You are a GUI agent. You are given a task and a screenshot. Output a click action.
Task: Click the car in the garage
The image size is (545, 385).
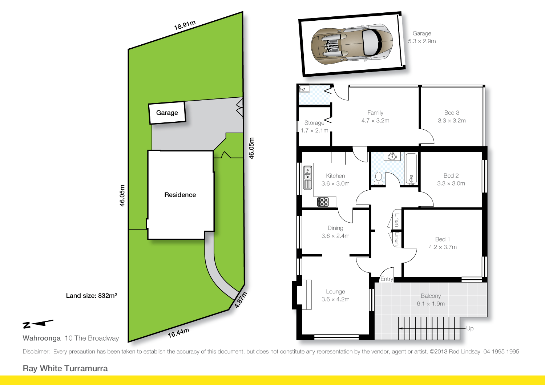click(352, 44)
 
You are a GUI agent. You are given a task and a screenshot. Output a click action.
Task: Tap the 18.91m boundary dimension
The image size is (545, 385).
click(185, 25)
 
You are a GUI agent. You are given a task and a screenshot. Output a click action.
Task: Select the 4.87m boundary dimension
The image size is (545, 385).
click(241, 300)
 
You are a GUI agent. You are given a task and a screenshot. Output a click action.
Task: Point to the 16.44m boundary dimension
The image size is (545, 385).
click(178, 333)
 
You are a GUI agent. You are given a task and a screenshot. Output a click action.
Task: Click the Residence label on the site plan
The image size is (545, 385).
click(180, 195)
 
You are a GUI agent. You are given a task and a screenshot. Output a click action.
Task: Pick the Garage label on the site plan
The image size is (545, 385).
click(167, 113)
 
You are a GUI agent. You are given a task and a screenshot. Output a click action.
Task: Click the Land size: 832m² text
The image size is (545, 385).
click(91, 296)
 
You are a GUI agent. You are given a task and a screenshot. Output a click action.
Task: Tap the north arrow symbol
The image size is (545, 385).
click(38, 323)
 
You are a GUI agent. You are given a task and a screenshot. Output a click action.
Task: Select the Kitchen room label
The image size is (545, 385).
click(335, 176)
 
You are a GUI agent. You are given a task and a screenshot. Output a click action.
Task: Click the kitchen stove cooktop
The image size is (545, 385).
click(323, 202)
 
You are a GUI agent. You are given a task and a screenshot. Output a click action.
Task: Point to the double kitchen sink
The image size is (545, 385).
click(307, 178)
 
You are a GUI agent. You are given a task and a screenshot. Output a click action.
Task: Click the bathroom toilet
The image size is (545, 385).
click(378, 178)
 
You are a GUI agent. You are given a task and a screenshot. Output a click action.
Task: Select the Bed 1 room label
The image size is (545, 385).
click(443, 239)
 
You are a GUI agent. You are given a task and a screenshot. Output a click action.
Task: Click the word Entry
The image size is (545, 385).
click(387, 279)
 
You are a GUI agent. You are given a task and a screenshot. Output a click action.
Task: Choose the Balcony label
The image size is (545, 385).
click(431, 296)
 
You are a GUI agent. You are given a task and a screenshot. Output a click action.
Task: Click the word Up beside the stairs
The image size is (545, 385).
click(470, 328)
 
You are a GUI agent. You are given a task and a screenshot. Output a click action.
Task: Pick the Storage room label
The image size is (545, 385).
click(314, 123)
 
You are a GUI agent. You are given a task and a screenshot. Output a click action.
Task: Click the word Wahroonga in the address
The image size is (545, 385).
click(42, 338)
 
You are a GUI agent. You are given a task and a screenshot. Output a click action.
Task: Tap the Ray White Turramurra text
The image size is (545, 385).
click(65, 368)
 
